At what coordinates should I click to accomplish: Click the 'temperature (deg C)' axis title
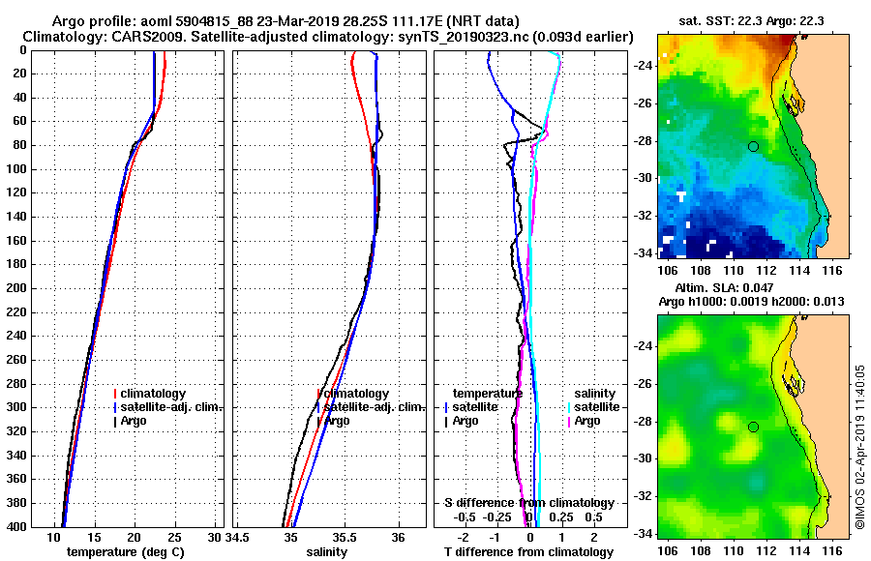pos(125,552)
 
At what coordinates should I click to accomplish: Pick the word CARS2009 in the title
pos(134,36)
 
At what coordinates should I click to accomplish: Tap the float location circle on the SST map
pos(753,146)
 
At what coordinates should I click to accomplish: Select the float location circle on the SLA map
pos(753,427)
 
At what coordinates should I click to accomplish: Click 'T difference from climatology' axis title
pos(528,552)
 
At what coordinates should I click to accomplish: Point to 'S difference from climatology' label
pos(528,503)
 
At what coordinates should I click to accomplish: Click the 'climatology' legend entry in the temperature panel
pos(156,394)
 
